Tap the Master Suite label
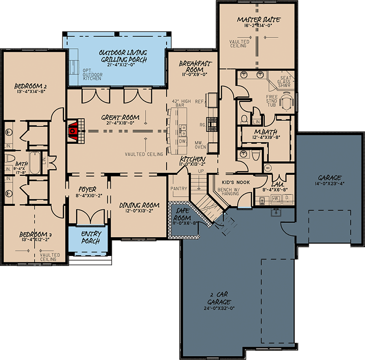(259, 20)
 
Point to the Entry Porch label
(90, 237)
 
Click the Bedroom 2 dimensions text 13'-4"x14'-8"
(31, 91)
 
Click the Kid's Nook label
(228, 181)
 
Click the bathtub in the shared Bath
(35, 161)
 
